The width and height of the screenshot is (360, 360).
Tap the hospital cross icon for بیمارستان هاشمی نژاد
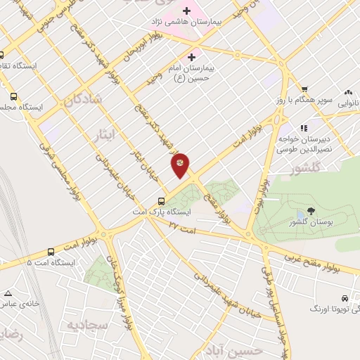[186, 11]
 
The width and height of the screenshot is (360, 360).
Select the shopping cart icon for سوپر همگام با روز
[304, 89]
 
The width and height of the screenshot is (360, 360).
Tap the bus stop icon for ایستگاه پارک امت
[162, 200]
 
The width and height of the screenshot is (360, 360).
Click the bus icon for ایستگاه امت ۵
[51, 252]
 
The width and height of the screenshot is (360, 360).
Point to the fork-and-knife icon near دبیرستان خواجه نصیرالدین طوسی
[304, 128]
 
